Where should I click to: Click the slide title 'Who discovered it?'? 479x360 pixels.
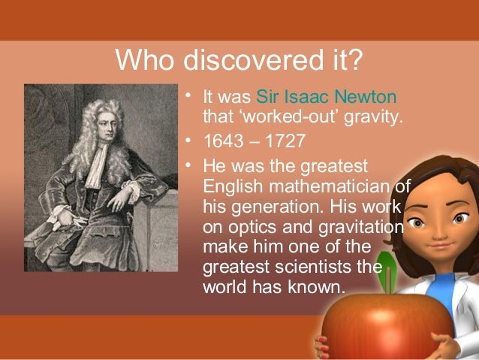[x=239, y=59]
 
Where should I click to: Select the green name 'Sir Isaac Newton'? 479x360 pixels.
[x=327, y=98]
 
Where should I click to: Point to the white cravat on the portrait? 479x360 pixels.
[x=96, y=165]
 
